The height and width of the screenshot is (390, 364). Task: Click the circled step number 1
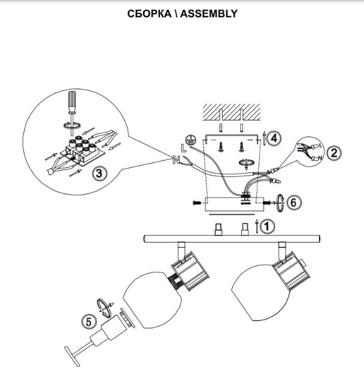click(267, 226)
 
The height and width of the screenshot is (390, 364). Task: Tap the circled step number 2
click(334, 153)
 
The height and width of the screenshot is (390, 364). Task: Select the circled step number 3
click(99, 173)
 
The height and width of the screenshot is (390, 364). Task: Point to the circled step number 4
click(274, 138)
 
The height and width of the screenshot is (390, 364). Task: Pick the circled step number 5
click(89, 322)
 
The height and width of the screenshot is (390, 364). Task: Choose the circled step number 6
click(293, 202)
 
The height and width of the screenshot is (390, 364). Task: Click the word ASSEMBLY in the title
click(209, 13)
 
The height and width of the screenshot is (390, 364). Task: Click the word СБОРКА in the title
click(149, 13)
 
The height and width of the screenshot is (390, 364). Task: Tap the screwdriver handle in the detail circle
click(72, 101)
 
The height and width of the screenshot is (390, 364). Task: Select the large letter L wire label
click(183, 148)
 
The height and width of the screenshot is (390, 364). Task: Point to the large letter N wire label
click(176, 160)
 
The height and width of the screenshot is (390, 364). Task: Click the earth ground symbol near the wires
click(190, 140)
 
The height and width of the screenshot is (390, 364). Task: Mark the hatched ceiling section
click(232, 112)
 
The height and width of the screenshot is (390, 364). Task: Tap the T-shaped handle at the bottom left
click(72, 356)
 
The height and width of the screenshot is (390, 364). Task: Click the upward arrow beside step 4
click(264, 138)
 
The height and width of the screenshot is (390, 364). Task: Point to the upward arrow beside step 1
click(257, 226)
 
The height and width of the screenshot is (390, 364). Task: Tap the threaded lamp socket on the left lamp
click(175, 281)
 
